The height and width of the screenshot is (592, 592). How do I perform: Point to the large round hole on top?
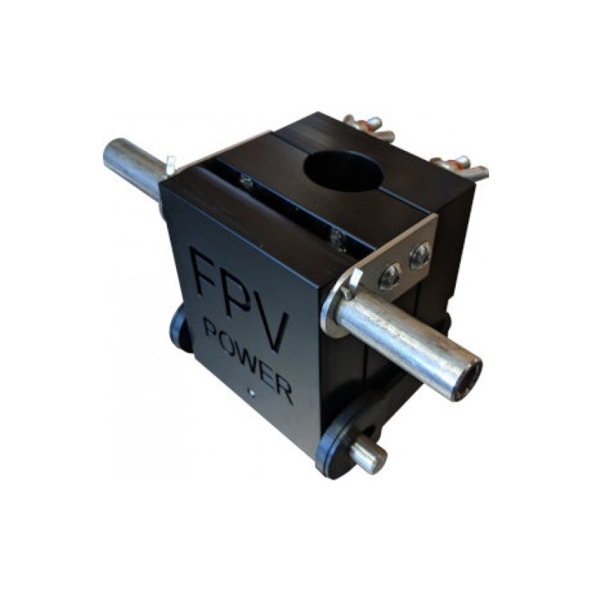click(342, 171)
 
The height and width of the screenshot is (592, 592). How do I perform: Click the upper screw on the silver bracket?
click(420, 255)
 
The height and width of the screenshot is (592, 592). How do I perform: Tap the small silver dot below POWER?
click(252, 393)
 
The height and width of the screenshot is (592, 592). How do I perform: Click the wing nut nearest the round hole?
click(368, 126)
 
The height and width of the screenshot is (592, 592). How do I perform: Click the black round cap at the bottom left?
click(178, 329)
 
